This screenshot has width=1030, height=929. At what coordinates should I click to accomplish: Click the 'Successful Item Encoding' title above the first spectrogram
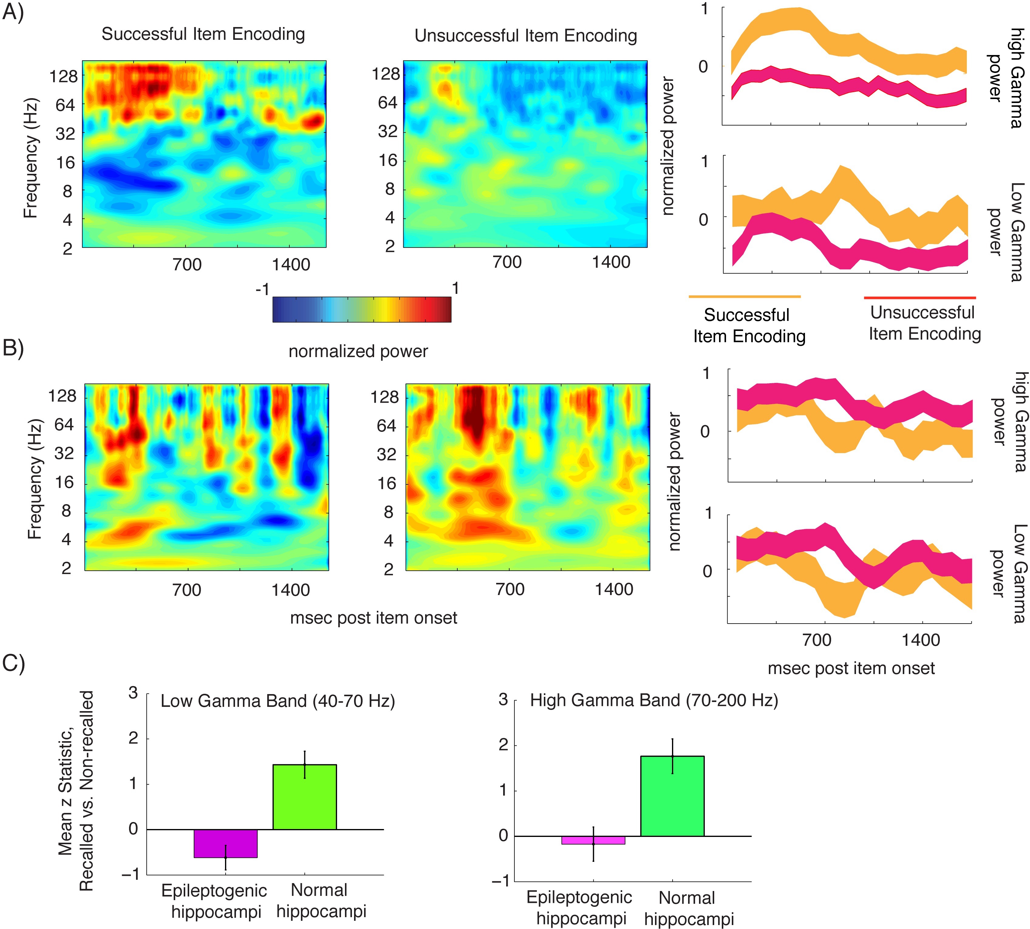(203, 34)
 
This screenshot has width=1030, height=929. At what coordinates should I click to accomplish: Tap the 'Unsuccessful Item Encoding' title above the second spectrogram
(525, 36)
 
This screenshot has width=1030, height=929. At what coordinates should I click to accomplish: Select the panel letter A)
(13, 12)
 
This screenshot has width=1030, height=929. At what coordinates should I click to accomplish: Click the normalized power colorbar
(362, 309)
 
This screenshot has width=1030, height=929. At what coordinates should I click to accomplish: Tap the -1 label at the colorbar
(262, 289)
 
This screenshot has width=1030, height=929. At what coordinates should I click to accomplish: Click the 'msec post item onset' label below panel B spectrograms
(373, 618)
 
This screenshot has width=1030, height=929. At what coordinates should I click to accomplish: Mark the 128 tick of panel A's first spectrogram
(63, 77)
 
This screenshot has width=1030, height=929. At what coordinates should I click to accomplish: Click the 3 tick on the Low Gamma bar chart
(133, 693)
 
